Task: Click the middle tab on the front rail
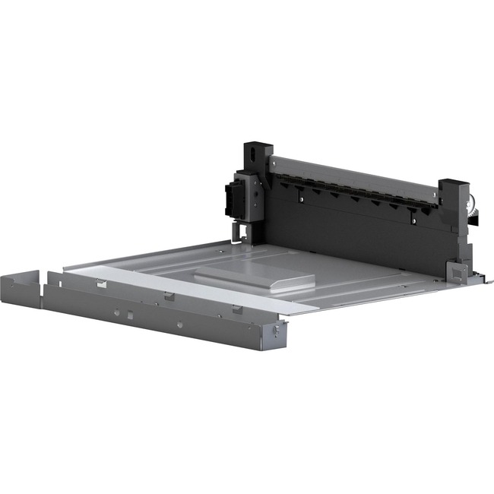[169, 296]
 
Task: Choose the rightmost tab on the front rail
[237, 309]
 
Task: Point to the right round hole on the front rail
[179, 325]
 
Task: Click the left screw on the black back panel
[302, 200]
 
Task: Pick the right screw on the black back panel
[413, 221]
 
